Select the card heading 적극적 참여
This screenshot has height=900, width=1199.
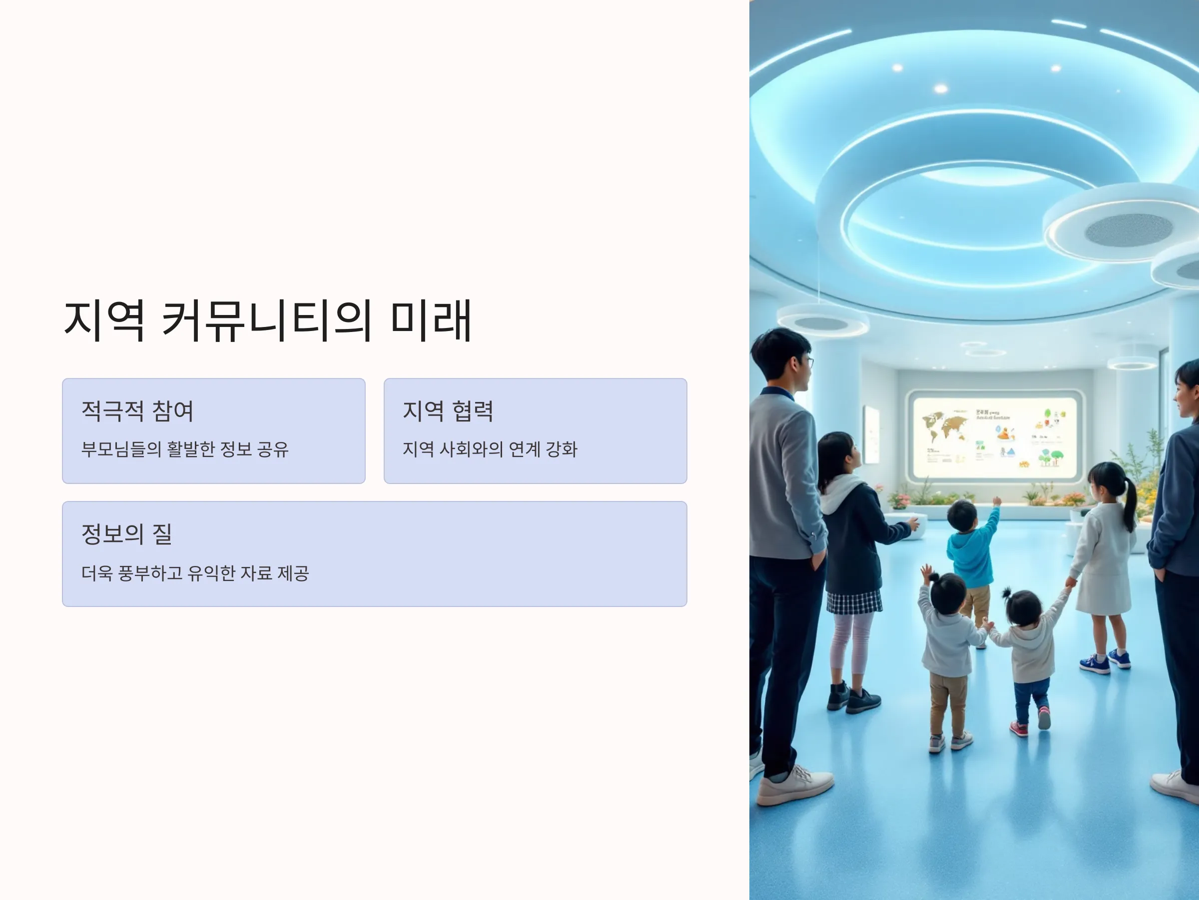point(137,410)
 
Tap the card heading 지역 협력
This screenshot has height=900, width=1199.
point(448,410)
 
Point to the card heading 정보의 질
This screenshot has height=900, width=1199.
point(126,534)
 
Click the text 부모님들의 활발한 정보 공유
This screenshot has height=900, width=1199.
point(185,449)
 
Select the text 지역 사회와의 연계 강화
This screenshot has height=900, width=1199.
point(490,449)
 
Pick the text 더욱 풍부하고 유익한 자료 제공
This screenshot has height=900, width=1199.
point(195,573)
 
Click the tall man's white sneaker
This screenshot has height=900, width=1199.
point(794,785)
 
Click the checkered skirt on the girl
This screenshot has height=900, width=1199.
point(854,602)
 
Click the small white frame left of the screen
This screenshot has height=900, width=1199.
point(871,434)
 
